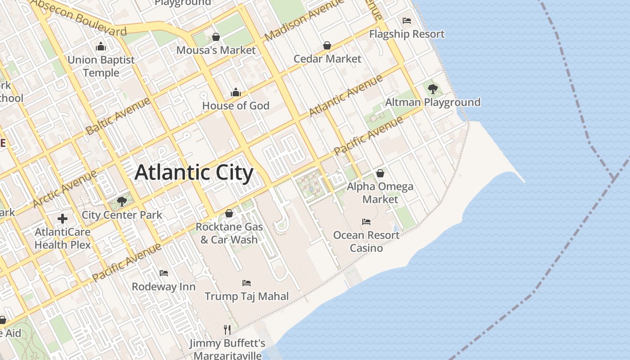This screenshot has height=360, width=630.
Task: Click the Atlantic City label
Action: (194, 173)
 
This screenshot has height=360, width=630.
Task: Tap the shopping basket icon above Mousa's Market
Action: (216, 37)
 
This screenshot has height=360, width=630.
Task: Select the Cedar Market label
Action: (327, 59)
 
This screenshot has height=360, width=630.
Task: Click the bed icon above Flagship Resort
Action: (407, 21)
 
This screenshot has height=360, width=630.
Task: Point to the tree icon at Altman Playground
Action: (433, 89)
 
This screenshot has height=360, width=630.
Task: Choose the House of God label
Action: (236, 106)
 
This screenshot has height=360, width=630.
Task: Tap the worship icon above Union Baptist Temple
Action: (100, 46)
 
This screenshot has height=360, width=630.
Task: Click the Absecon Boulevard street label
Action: (79, 18)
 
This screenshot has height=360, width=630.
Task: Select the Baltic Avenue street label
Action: (118, 116)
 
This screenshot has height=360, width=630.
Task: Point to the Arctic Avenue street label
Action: (65, 189)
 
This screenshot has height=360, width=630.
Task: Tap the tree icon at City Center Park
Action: (121, 201)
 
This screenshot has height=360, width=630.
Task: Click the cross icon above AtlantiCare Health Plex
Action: (63, 219)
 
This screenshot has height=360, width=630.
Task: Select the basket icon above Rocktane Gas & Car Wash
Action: (229, 213)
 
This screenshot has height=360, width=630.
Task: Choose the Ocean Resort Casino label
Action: (366, 242)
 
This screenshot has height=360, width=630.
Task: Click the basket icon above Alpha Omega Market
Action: (380, 173)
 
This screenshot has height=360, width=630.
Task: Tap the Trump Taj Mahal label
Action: (247, 296)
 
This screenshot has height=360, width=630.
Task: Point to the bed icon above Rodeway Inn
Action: (164, 273)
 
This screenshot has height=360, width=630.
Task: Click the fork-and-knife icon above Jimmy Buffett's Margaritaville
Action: (227, 330)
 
